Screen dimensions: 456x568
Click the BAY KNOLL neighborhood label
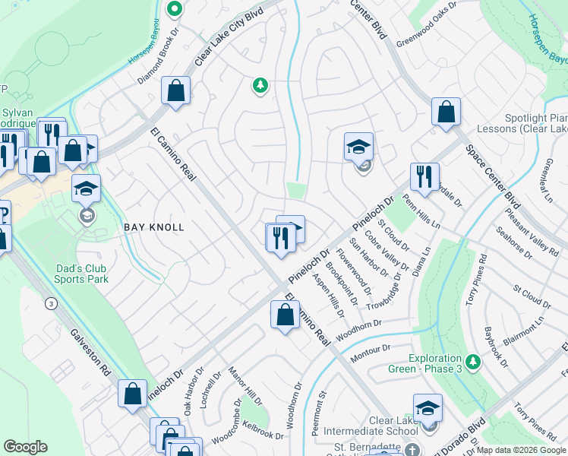coord(154,227)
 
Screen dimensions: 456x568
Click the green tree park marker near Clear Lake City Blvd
coord(260,85)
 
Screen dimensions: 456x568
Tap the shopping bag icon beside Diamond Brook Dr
coord(175,92)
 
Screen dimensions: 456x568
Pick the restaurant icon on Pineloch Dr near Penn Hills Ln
coord(424,177)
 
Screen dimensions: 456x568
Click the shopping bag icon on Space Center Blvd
coord(446,112)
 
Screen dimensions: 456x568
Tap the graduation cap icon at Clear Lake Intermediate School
coord(428,408)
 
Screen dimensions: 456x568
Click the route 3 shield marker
coord(51,304)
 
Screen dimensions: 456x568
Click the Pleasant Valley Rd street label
coord(538,233)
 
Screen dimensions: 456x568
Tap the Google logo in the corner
coord(26,447)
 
